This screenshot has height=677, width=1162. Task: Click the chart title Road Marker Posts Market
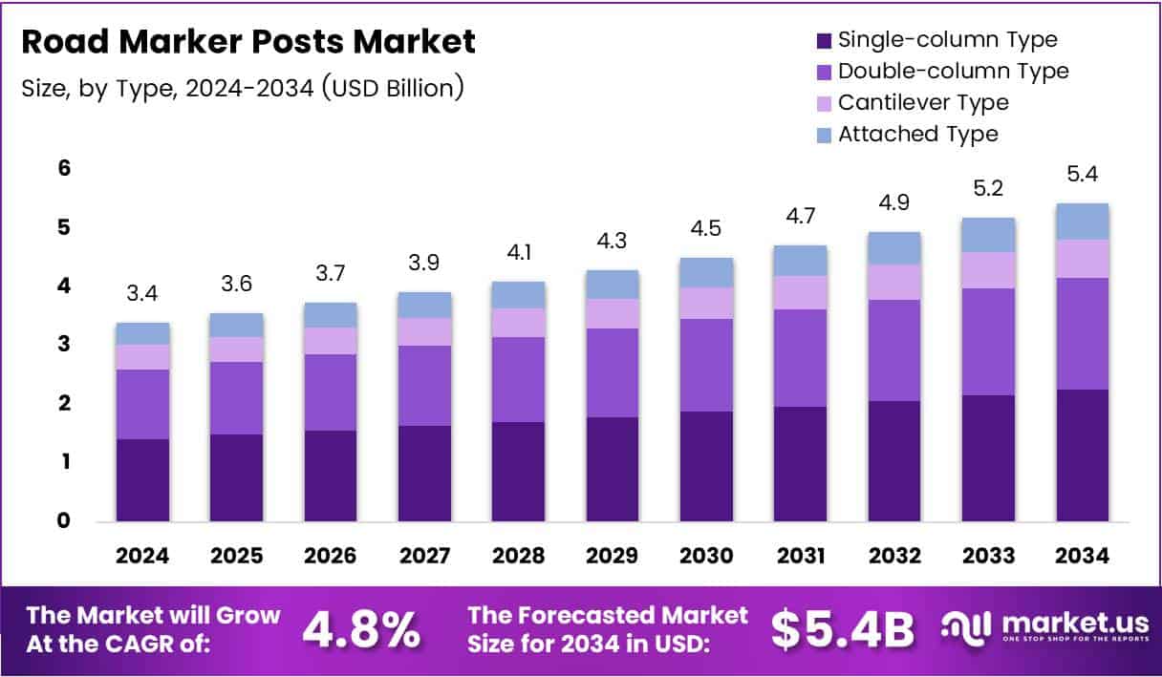[247, 42]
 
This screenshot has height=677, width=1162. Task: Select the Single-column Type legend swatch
[823, 41]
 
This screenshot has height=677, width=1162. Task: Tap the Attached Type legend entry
[917, 134]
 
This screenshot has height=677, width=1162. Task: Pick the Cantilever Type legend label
[923, 102]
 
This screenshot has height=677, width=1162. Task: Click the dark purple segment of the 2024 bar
[142, 480]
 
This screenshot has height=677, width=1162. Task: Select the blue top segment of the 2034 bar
[1083, 222]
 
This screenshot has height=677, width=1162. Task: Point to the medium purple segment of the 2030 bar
[706, 365]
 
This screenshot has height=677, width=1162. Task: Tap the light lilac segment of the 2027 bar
[424, 331]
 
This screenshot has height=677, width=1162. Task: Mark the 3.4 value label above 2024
[142, 294]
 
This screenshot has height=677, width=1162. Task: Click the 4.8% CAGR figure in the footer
[361, 629]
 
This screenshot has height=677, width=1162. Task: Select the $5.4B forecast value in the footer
[842, 629]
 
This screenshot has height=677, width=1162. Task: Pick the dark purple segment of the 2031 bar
[801, 464]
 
